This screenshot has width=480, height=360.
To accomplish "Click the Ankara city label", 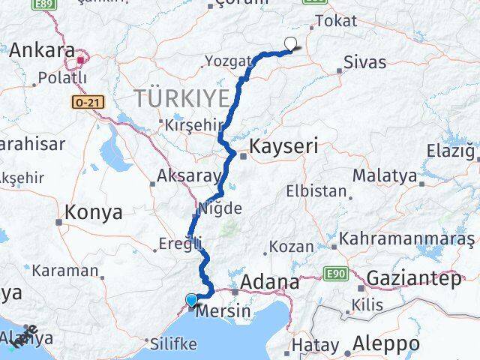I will pos(42,51).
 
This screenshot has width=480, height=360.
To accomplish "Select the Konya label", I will pos(94,212).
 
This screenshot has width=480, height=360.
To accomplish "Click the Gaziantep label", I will pos(413,279).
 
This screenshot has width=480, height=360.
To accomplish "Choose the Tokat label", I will pos(337,22).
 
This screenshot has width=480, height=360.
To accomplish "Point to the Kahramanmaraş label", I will pos(407,239).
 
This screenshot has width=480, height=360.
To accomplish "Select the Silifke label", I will pos(174,344).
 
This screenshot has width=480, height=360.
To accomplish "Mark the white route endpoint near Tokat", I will pos(290,43).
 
